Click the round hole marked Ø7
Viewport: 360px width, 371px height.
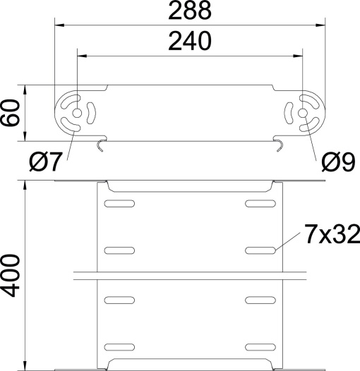(76, 113)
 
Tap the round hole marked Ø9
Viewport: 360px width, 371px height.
(303, 113)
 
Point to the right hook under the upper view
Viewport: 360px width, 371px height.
(280, 145)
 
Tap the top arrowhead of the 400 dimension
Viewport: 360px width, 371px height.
(26, 185)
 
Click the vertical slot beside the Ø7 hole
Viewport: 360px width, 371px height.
(90, 113)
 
